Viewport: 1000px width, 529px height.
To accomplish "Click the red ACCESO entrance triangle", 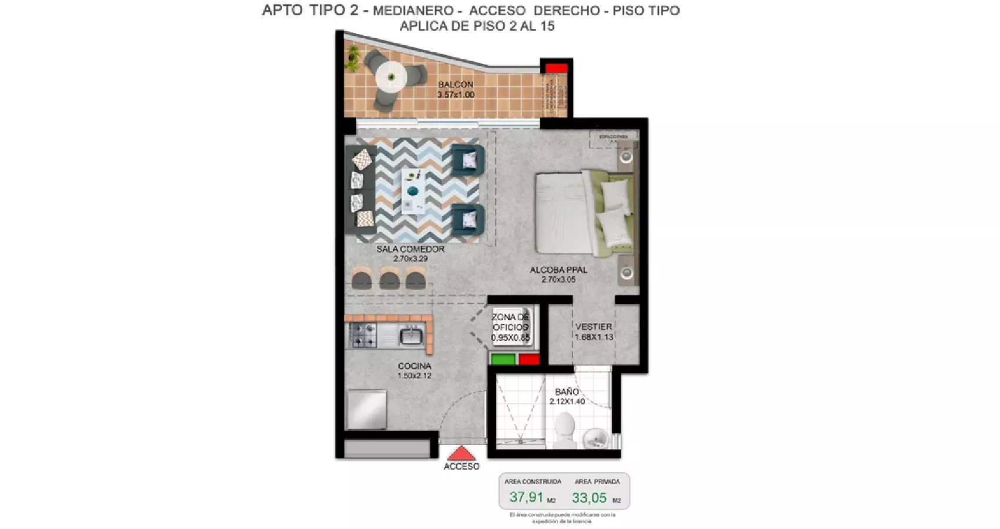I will (461, 453).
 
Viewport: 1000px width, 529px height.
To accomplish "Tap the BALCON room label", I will (456, 85).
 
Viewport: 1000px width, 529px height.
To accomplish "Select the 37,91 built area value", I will (527, 497).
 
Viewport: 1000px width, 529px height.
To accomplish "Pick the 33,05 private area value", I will (589, 498).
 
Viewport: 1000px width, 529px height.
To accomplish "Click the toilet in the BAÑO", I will (565, 430).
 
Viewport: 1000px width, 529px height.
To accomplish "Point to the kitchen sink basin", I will (411, 337).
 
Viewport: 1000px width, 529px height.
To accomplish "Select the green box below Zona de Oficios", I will (503, 359).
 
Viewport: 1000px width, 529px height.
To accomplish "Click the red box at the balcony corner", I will (556, 68).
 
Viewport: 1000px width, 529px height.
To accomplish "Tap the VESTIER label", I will (594, 327).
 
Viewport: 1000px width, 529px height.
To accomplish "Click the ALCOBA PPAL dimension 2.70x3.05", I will (558, 280).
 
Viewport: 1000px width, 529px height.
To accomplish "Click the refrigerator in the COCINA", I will (367, 409).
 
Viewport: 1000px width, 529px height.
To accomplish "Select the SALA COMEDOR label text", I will (410, 249).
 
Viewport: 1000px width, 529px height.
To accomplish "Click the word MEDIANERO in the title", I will (413, 11).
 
